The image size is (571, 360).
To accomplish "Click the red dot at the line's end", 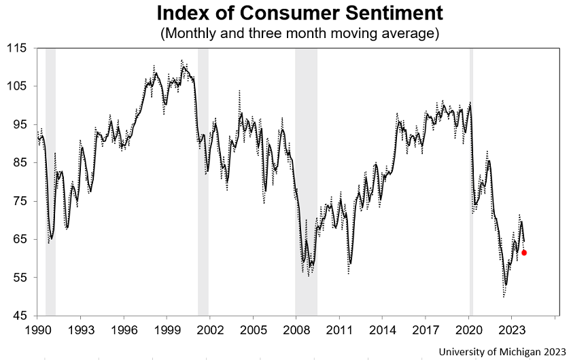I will coord(524,253).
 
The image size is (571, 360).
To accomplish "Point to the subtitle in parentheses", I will coord(299,33).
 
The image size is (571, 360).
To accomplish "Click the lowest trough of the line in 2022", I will coord(504,296).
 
